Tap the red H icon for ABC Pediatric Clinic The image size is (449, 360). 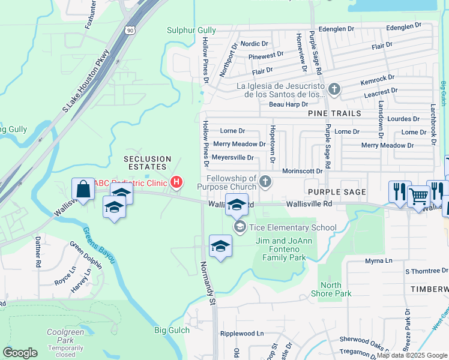tap(176, 182)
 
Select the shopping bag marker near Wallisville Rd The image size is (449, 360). tap(83, 189)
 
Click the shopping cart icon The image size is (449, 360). tap(418, 194)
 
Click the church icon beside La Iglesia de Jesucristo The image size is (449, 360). tap(334, 90)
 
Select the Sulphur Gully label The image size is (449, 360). tap(190, 30)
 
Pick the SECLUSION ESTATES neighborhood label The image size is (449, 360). tap(148, 163)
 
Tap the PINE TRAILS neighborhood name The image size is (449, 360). tap(334, 113)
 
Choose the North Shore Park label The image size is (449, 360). tap(331, 289)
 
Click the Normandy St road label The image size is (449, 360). tap(208, 282)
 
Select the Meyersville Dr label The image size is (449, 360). tap(234, 158)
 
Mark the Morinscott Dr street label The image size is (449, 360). tap(303, 171)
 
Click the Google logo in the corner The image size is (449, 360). tap(20, 353)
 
